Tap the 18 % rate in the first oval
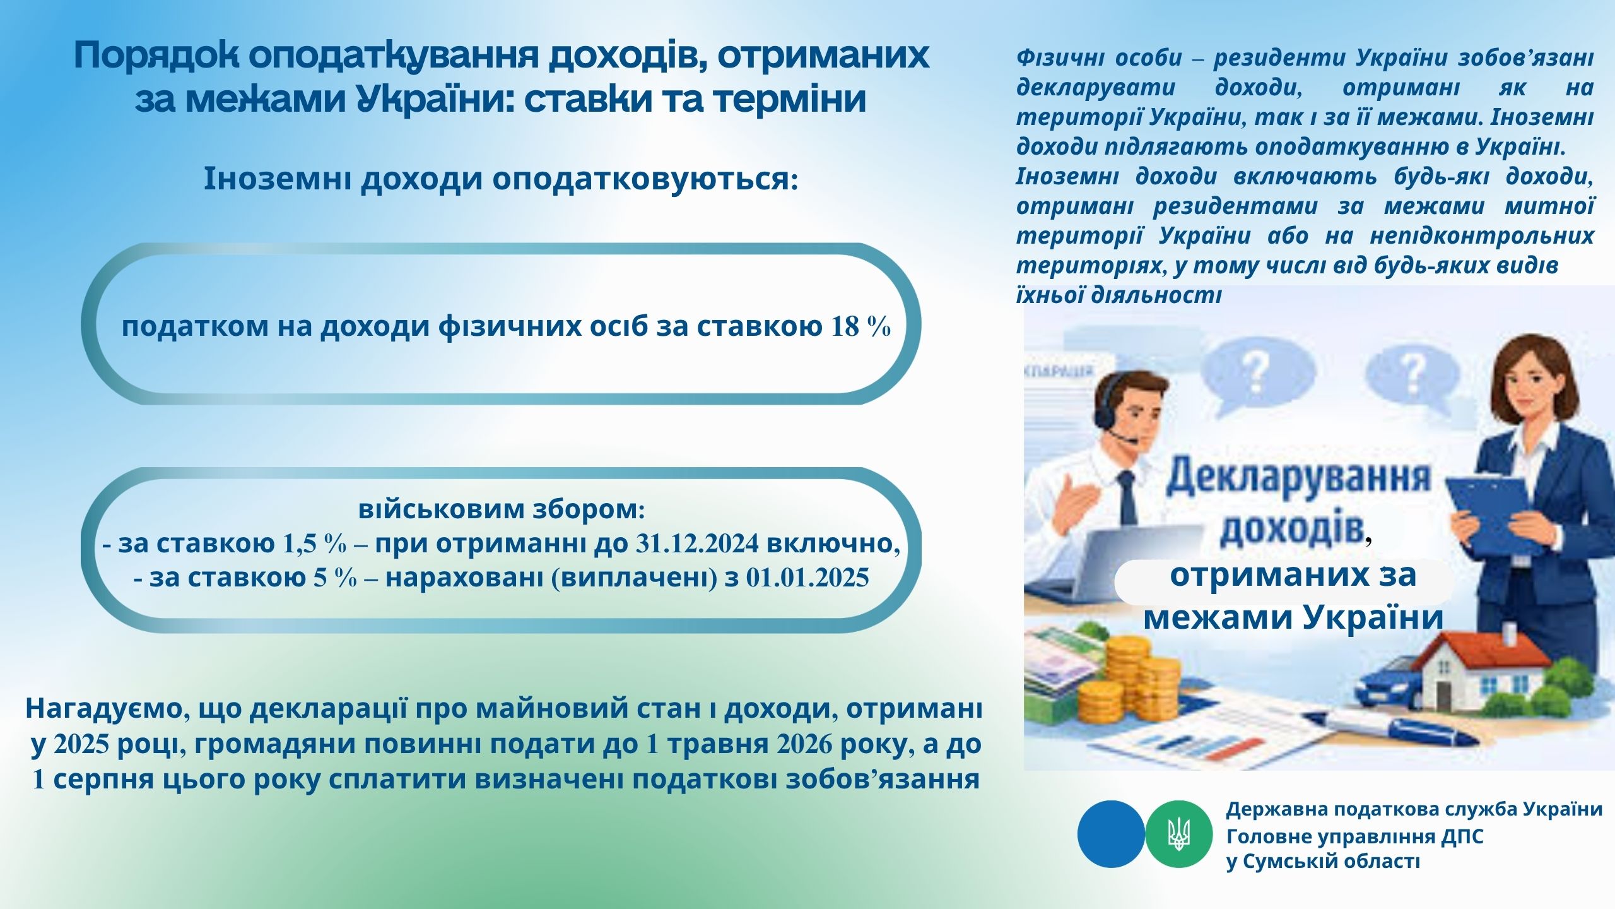coord(862,327)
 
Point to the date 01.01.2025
coord(807,578)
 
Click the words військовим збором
coord(502,509)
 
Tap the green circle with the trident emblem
coord(1178,834)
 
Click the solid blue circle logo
coord(1111,834)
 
